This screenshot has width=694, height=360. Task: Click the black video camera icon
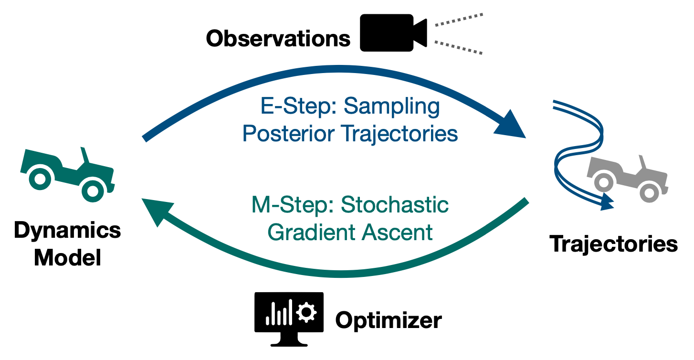coord(392,32)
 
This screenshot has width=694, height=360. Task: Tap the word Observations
coord(278,39)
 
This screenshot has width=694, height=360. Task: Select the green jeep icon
coord(67,173)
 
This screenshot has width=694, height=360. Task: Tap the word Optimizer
coord(389,320)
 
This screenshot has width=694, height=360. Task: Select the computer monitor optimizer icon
coord(289,318)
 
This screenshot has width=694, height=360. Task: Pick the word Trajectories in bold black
coord(614,244)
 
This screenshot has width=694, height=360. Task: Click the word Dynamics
coord(67,231)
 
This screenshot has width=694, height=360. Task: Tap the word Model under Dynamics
coord(67,258)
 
